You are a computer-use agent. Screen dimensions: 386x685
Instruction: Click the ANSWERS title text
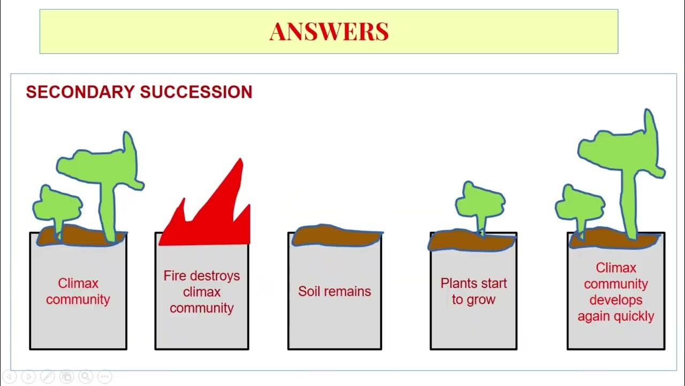(x=329, y=32)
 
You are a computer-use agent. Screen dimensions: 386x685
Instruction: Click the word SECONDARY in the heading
(x=80, y=92)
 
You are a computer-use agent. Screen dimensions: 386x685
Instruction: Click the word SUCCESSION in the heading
(x=196, y=92)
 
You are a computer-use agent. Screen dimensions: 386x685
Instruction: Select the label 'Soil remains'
(x=334, y=291)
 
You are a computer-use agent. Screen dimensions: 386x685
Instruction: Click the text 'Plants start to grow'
(x=473, y=291)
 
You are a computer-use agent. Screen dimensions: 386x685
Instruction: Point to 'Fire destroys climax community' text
(x=201, y=292)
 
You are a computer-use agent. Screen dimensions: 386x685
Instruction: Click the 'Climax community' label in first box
(x=78, y=291)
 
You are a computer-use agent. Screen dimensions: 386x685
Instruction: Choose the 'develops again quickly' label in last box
(x=615, y=308)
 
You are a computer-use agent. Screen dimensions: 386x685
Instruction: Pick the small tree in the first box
(x=57, y=206)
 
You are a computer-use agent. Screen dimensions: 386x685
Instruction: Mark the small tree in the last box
(x=579, y=206)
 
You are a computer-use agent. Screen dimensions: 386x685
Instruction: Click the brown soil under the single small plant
(x=471, y=242)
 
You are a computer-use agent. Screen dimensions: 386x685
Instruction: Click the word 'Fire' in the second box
(x=174, y=276)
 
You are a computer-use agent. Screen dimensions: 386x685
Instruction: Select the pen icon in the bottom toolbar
(x=47, y=376)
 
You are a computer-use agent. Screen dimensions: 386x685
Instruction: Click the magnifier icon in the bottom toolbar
(x=86, y=376)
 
